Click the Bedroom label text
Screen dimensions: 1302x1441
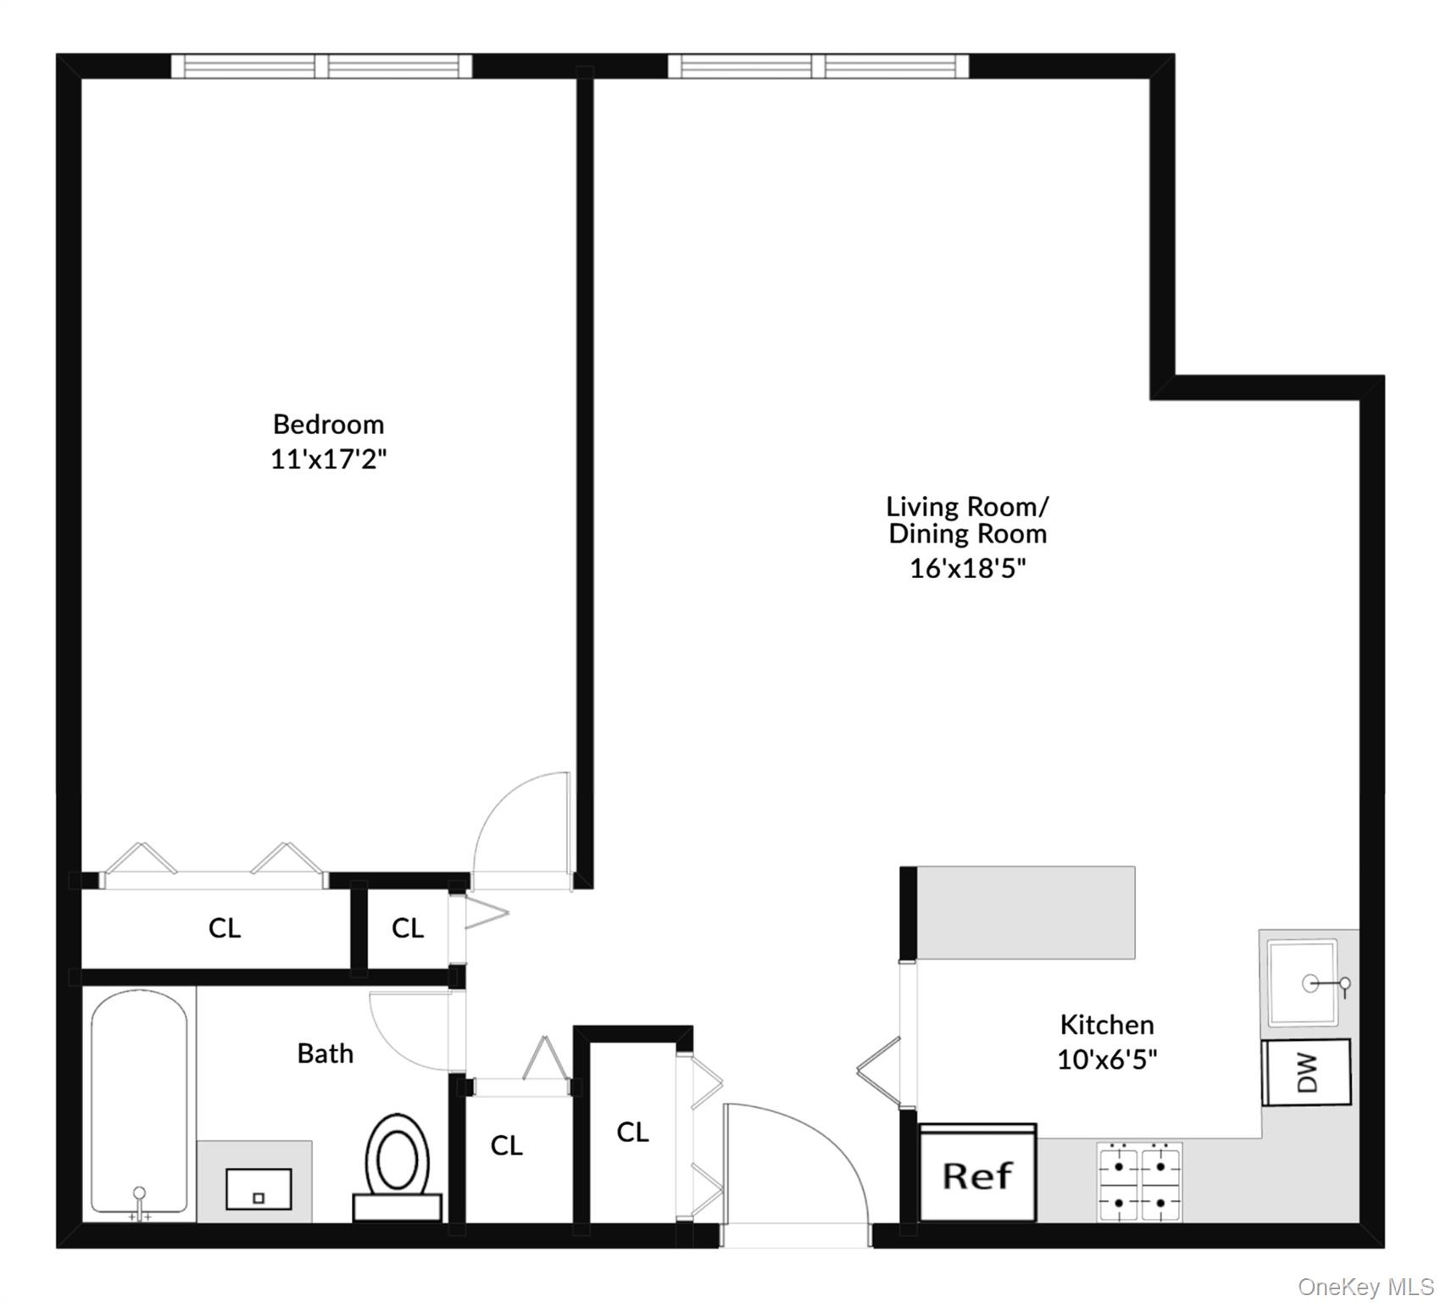[328, 424]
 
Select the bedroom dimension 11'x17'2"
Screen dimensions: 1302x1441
[328, 459]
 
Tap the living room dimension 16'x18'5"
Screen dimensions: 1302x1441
[967, 568]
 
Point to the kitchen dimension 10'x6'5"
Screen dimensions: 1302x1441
[1107, 1060]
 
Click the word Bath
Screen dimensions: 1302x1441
[325, 1054]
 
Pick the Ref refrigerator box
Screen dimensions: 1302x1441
[977, 1175]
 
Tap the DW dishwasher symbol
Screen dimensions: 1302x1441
[1306, 1072]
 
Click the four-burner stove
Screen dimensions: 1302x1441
[1140, 1182]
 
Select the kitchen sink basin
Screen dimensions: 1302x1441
[1302, 982]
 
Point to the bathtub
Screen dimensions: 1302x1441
[139, 1102]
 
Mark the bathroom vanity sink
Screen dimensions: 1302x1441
[259, 1189]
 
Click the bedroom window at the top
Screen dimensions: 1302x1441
[321, 66]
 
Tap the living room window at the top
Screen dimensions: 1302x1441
[818, 66]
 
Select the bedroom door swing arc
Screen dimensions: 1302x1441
[517, 826]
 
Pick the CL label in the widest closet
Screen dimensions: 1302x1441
[224, 928]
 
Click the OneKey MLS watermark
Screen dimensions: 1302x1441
[1366, 1287]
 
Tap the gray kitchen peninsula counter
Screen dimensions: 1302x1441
[1026, 912]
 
